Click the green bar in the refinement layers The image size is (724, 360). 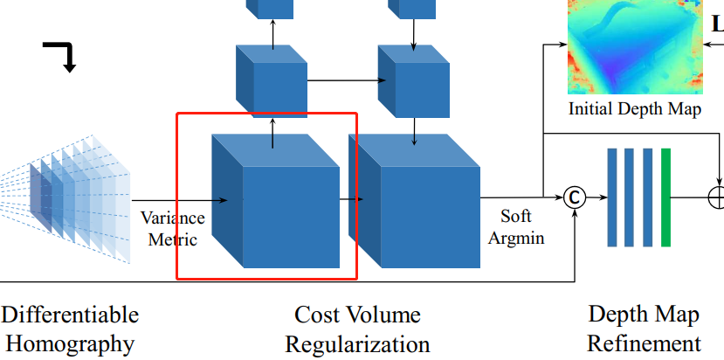tap(666, 197)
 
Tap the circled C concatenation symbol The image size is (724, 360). tap(574, 197)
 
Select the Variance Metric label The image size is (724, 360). tap(173, 227)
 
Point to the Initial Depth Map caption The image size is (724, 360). tap(635, 109)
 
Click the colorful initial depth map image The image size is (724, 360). tap(635, 45)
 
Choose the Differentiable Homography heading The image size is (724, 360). tap(70, 329)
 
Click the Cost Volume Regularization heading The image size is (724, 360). tap(357, 329)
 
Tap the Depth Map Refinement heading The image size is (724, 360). tap(644, 329)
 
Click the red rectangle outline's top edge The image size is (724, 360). tap(266, 113)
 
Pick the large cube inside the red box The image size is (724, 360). tap(275, 205)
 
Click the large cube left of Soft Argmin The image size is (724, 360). tap(415, 205)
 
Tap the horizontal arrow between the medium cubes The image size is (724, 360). tap(341, 81)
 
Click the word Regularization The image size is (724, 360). tap(357, 343)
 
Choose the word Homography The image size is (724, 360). tap(70, 343)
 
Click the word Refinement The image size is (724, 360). tap(644, 343)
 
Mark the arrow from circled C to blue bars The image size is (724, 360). tap(596, 197)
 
